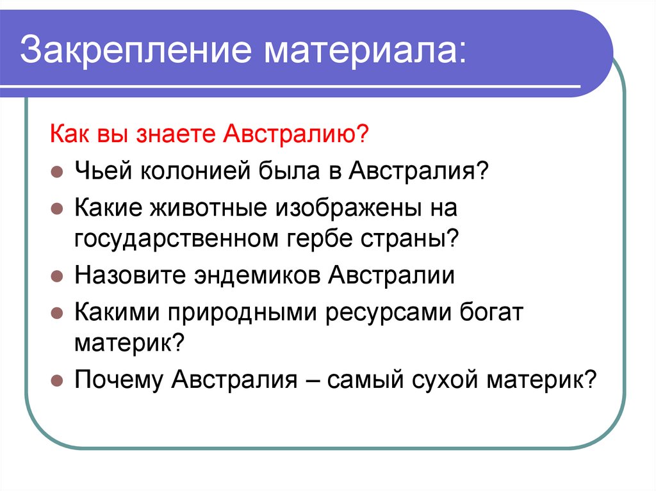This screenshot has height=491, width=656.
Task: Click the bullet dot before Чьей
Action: tap(56, 173)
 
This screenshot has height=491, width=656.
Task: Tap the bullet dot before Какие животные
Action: tap(56, 209)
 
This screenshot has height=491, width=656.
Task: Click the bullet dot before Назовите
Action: tap(56, 278)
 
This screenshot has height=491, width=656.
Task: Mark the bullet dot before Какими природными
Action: tap(56, 314)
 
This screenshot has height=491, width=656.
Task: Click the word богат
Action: tap(493, 312)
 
